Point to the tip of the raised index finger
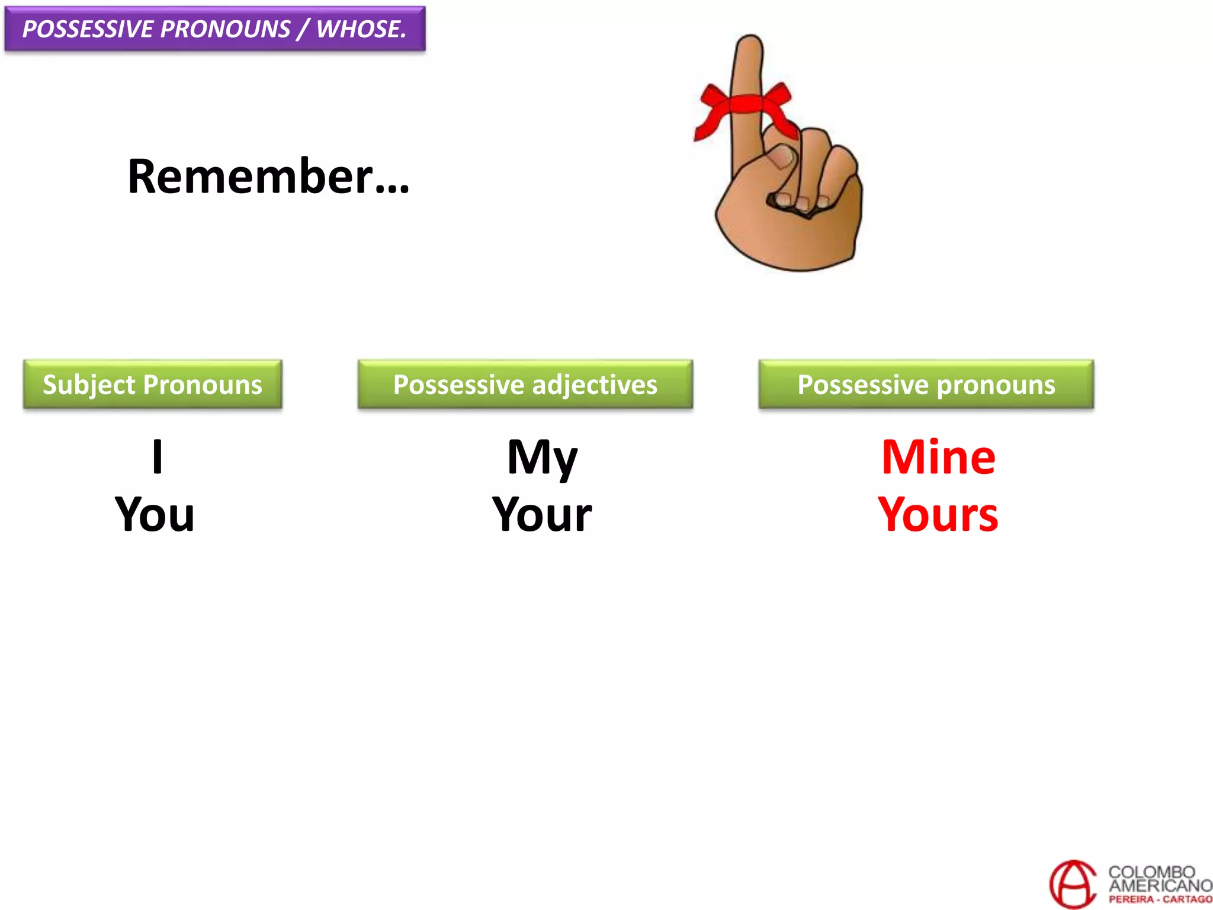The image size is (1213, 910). [x=750, y=43]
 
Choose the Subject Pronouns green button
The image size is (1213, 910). [x=153, y=384]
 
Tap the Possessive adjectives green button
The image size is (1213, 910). [x=525, y=384]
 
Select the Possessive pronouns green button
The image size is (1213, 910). [x=926, y=384]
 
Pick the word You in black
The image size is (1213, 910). [x=155, y=514]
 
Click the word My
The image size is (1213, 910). [x=542, y=457]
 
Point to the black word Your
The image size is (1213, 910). [x=542, y=514]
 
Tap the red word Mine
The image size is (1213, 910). [x=938, y=457]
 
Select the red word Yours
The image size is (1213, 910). [x=938, y=514]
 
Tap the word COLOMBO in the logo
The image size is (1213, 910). [x=1151, y=872]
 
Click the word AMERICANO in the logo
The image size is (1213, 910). [x=1160, y=886]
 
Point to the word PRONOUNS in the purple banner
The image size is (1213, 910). [x=225, y=29]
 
